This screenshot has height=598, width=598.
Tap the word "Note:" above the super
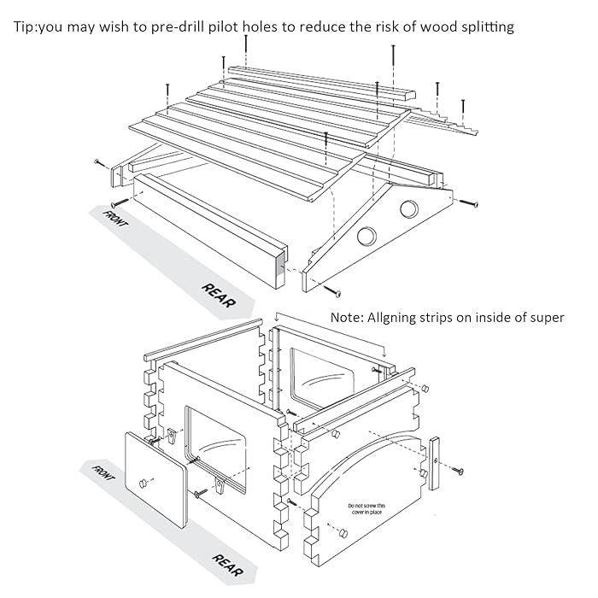click(349, 318)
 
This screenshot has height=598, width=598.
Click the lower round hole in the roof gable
click(369, 237)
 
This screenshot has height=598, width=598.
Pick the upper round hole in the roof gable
click(409, 208)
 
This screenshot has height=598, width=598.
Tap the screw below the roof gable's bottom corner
click(337, 293)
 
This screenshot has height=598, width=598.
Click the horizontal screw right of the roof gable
click(470, 204)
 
